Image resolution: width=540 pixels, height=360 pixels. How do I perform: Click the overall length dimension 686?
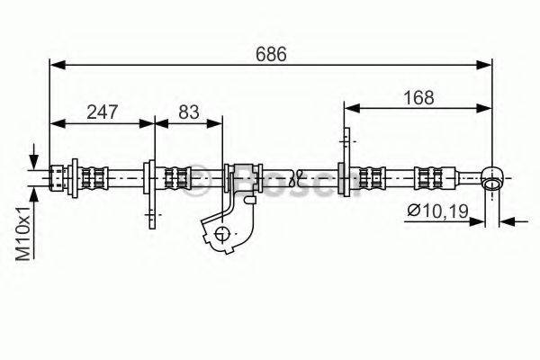pos(271,54)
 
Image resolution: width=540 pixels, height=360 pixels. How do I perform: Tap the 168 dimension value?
pos(418,98)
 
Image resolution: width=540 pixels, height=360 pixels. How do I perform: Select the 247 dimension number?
pos(103,112)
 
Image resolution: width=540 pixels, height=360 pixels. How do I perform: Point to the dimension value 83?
pos(189,112)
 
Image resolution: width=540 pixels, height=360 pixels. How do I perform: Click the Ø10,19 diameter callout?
pos(437,210)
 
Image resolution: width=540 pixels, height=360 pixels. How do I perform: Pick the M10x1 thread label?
pos(24,233)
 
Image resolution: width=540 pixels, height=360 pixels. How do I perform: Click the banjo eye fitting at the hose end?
pos(493,178)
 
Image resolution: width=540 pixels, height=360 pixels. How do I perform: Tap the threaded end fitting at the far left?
pos(58,178)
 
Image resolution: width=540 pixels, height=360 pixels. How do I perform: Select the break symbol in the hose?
pos(295,178)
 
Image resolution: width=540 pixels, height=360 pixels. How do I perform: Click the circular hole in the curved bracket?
pos(221,234)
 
